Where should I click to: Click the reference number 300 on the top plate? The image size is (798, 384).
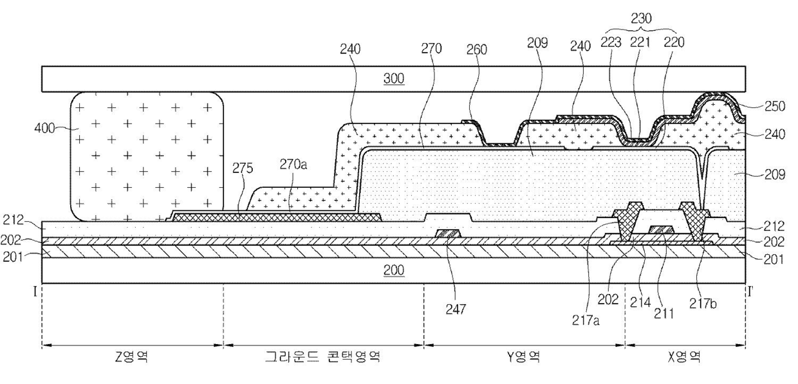point(394,79)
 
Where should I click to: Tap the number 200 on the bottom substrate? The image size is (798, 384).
point(394,270)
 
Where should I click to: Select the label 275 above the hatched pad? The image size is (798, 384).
point(243,169)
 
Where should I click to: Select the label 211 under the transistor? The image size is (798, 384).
point(661,315)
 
